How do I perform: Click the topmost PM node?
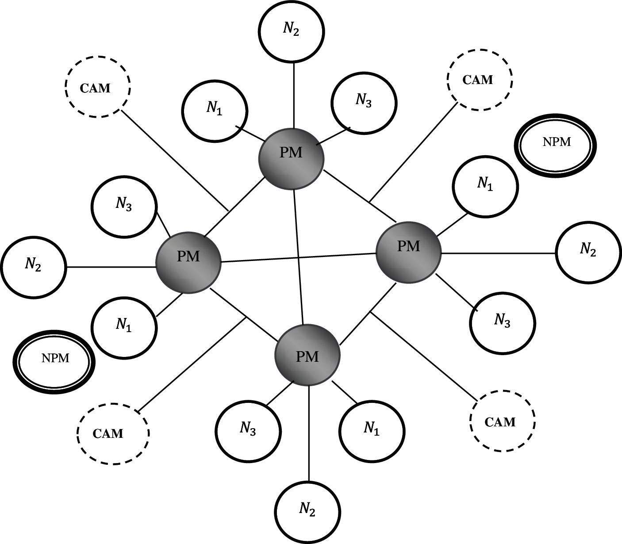pyautogui.click(x=291, y=158)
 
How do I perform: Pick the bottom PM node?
pyautogui.click(x=307, y=356)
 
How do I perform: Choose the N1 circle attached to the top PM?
pyautogui.click(x=215, y=111)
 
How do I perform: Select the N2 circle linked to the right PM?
pyautogui.click(x=588, y=251)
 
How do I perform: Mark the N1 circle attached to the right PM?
pyautogui.click(x=485, y=186)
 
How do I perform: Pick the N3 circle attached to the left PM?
pyautogui.click(x=124, y=206)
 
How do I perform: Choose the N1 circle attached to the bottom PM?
pyautogui.click(x=372, y=430)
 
